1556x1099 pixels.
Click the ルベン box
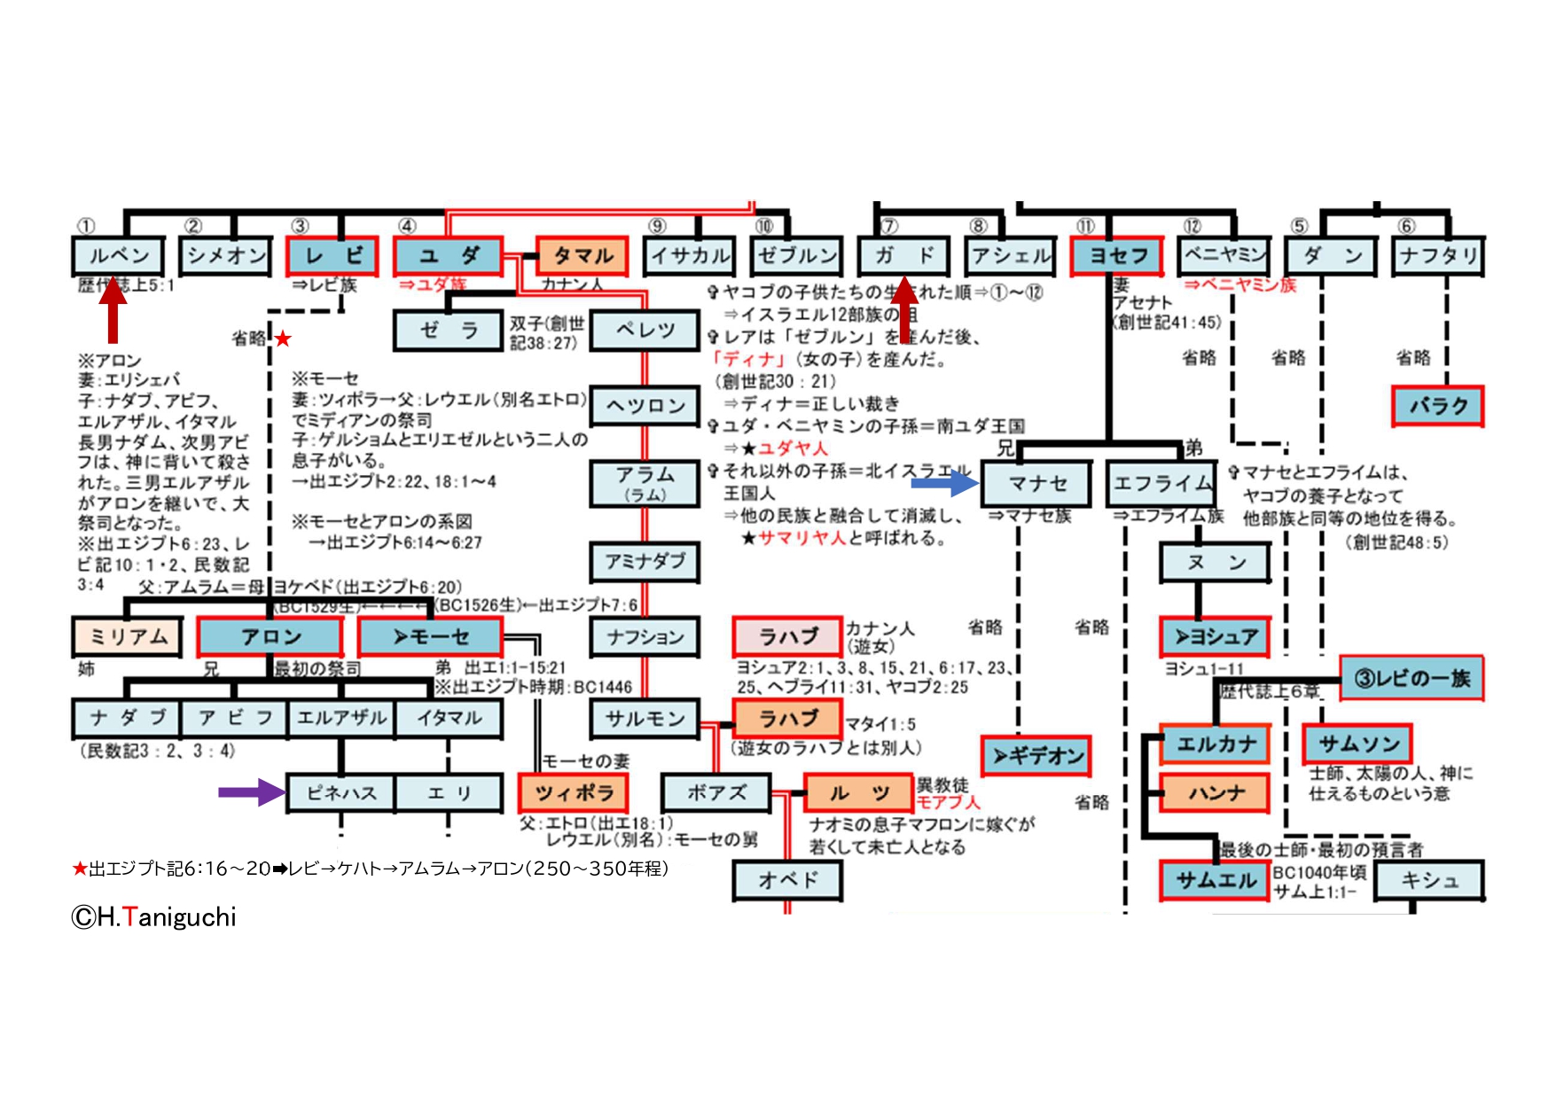click(118, 256)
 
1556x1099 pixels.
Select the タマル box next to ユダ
click(583, 256)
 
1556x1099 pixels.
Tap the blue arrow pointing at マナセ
click(944, 483)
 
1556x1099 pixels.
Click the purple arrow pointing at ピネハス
click(252, 791)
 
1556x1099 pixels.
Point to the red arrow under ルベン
click(113, 309)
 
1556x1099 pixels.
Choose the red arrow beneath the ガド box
click(903, 309)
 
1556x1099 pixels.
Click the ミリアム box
click(128, 636)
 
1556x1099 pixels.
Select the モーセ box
click(430, 636)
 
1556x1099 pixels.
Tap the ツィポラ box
click(573, 792)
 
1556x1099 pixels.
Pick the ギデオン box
click(1036, 756)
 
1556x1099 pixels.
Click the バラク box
click(1437, 406)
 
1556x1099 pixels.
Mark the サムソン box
click(1357, 744)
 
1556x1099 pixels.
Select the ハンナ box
click(1216, 792)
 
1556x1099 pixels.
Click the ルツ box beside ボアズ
click(858, 792)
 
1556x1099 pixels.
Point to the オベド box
click(786, 880)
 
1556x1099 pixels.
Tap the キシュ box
click(1429, 880)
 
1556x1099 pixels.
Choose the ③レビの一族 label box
click(1411, 679)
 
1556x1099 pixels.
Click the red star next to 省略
click(283, 339)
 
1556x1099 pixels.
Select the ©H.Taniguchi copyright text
click(154, 917)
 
